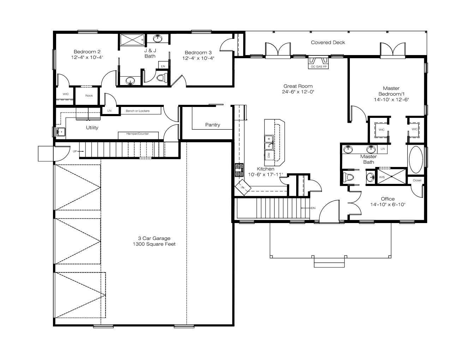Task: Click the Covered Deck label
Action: tap(328, 42)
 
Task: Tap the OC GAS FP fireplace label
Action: tap(318, 67)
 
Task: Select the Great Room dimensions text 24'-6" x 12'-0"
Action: tap(298, 92)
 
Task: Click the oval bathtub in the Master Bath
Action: tap(416, 160)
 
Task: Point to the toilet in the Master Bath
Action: tap(348, 178)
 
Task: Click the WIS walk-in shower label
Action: tap(382, 177)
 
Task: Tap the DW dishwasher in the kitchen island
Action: tap(269, 155)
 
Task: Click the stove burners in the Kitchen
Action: tap(239, 170)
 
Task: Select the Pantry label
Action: tap(213, 125)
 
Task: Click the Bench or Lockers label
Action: tap(137, 111)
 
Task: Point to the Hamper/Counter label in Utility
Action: tap(137, 133)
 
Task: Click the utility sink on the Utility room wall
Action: tap(61, 132)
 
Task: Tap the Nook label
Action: tap(89, 96)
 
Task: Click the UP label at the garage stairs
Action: tap(75, 151)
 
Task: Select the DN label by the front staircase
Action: tap(313, 208)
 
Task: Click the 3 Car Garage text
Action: tap(154, 238)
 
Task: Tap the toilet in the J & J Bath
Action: tap(162, 77)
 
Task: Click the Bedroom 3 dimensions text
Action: tap(198, 58)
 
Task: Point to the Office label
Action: tap(388, 199)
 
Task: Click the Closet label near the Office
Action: tap(417, 180)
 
